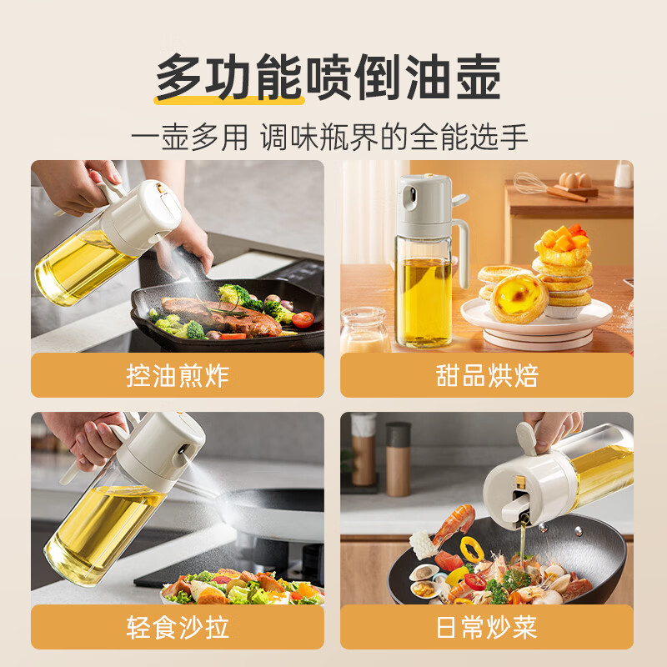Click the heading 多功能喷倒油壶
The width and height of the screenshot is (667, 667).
point(328,77)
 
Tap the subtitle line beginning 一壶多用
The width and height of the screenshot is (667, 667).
point(329,137)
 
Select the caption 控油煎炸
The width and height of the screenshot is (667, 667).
point(178,375)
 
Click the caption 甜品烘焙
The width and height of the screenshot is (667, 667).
point(487,375)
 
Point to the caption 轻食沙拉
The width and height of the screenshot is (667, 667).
point(178,627)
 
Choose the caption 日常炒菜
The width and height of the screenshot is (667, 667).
point(487,627)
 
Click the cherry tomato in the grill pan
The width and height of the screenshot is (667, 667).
point(303,319)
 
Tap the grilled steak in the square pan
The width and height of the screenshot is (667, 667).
point(221,316)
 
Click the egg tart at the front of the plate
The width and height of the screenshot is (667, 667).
point(518,298)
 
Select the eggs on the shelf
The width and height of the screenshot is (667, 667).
point(574,180)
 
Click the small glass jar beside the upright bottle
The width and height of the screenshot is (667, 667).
point(364,329)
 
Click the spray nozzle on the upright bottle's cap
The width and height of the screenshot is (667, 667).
point(410,198)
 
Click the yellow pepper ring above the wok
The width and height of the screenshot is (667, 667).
point(471,549)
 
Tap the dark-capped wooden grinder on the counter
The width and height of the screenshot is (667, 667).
point(399,459)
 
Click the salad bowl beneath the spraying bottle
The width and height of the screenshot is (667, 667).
point(242,587)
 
